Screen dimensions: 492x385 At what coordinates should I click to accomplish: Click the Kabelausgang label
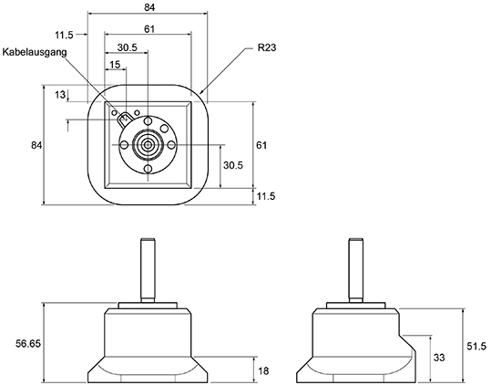tap(35, 52)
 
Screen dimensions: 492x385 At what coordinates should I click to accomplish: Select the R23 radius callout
tap(267, 47)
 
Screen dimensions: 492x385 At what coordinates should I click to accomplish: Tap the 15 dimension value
tap(115, 65)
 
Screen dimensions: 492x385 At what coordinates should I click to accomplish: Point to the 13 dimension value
tap(60, 94)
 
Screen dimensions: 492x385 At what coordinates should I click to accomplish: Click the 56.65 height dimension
tap(28, 344)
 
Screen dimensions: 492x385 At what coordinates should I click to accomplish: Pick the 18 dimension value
tap(264, 370)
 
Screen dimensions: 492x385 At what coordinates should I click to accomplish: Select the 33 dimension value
tap(439, 358)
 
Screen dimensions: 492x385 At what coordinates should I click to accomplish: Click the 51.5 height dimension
tap(477, 347)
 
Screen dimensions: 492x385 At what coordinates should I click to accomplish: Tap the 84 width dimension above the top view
tap(149, 7)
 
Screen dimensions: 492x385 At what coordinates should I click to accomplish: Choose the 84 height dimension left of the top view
tap(36, 145)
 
